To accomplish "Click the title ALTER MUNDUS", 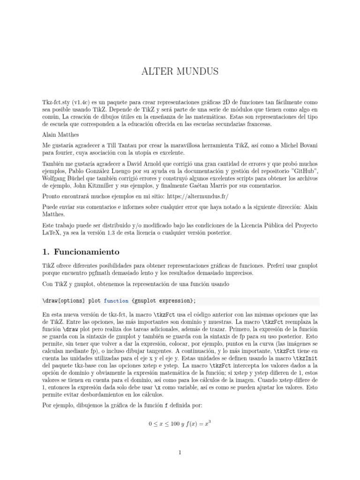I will [180, 72].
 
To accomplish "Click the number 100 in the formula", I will [176, 411].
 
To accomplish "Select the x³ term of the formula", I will [207, 410].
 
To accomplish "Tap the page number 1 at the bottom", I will [180, 452].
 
